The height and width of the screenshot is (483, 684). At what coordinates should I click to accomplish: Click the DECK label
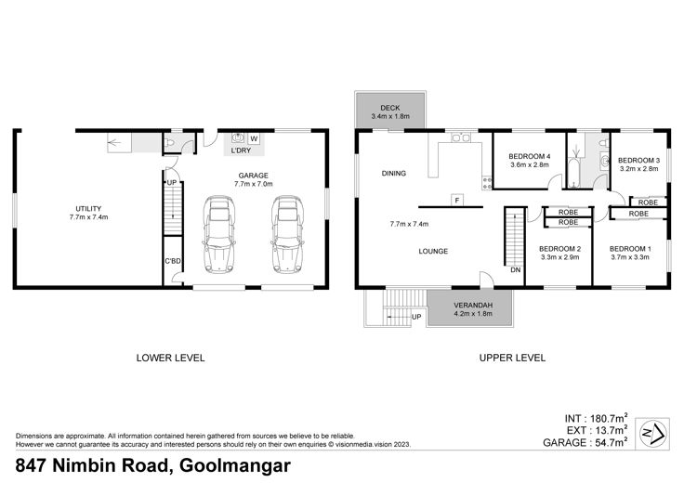(390, 108)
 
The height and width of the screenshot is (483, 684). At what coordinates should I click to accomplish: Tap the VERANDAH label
(473, 306)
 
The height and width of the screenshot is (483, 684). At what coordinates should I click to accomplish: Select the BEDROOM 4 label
(530, 156)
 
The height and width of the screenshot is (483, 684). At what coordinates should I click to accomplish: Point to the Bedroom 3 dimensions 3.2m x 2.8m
(638, 169)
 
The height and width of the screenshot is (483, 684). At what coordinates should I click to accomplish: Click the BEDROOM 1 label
(630, 249)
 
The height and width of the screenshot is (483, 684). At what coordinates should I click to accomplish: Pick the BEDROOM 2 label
(559, 249)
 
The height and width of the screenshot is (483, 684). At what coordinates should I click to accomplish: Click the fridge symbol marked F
(457, 201)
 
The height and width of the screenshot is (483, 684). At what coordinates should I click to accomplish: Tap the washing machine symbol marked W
(254, 139)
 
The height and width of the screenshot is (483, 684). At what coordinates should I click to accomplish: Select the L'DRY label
(241, 150)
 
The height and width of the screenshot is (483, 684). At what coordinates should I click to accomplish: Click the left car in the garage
(219, 234)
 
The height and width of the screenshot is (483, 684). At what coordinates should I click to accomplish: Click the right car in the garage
(287, 234)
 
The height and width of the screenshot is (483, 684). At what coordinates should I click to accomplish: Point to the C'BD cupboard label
(173, 261)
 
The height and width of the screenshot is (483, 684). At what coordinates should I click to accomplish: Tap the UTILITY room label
(88, 209)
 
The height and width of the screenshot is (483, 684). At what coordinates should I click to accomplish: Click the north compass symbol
(652, 434)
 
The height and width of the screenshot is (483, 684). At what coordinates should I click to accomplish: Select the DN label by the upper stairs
(516, 270)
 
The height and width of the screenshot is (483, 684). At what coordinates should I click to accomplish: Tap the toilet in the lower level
(169, 142)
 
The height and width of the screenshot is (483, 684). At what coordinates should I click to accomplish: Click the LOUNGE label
(433, 251)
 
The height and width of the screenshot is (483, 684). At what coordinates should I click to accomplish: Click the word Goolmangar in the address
(235, 466)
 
